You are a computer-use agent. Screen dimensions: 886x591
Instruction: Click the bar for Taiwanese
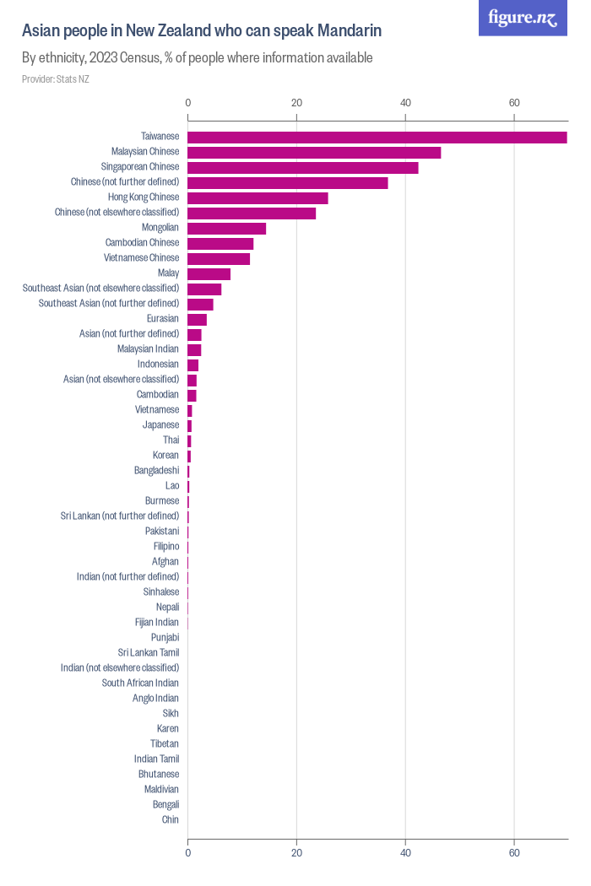tap(377, 137)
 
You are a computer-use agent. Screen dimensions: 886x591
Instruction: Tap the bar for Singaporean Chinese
tap(302, 167)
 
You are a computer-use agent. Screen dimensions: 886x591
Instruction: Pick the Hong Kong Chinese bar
tap(258, 197)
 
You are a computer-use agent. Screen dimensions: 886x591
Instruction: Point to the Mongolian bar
tap(226, 228)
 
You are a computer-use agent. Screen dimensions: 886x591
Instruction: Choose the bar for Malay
tap(209, 273)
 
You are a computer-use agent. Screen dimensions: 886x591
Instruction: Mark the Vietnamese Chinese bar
tap(219, 258)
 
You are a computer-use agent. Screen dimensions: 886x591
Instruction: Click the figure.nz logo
tap(523, 18)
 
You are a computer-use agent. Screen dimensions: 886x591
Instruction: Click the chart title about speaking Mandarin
tap(202, 31)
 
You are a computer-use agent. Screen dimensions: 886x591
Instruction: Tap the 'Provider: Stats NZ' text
tap(55, 79)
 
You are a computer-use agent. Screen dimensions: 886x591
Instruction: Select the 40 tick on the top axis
tap(405, 103)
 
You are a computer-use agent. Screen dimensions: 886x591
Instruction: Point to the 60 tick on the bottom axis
tap(514, 853)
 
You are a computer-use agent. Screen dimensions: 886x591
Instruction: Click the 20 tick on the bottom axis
tap(296, 853)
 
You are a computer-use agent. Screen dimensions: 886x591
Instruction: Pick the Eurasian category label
tap(163, 319)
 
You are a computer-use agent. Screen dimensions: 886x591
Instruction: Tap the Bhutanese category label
tap(159, 774)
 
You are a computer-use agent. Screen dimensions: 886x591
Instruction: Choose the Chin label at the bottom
tap(170, 819)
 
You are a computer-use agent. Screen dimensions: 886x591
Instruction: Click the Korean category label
tap(165, 456)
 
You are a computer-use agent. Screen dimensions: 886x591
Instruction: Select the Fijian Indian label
tap(157, 622)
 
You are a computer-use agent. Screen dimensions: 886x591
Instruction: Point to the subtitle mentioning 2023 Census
tap(198, 58)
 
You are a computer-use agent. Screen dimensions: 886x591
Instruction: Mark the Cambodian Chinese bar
tap(220, 243)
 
